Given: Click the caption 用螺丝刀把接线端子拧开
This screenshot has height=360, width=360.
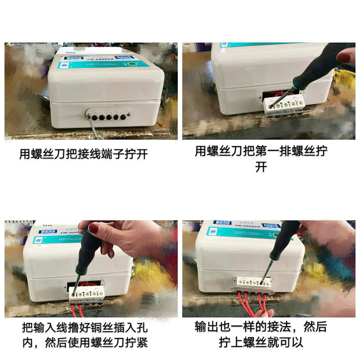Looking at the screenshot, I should (x=84, y=154).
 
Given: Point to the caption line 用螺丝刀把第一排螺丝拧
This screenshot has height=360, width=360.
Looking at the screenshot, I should (x=261, y=151).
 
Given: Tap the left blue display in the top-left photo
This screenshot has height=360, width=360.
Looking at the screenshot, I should (x=72, y=60).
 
